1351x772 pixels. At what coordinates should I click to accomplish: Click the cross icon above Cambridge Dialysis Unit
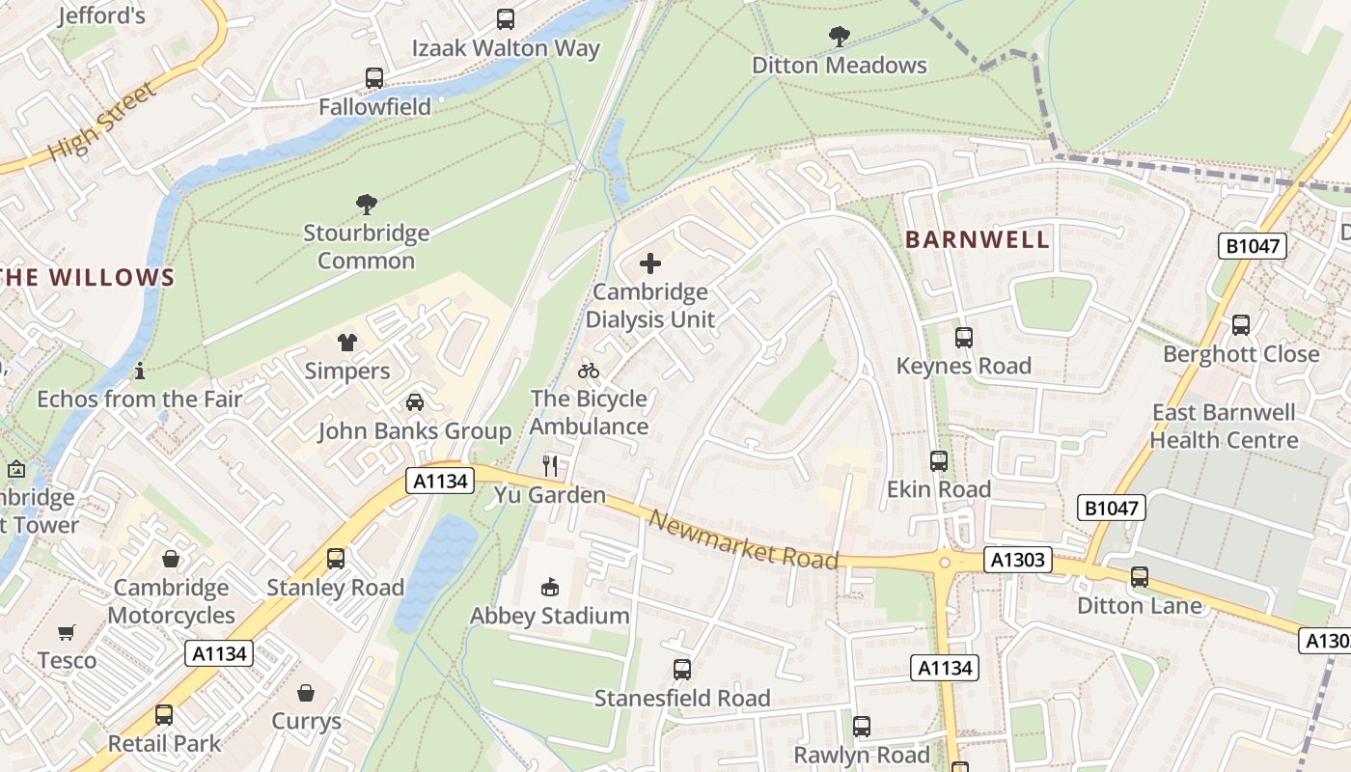coord(650,263)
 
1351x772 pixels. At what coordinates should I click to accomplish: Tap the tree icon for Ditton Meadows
coord(840,37)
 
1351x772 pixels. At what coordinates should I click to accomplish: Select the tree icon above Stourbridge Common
coord(367,205)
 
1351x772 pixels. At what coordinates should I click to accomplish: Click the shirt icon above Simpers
coord(347,343)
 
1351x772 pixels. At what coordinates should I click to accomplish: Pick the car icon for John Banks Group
coord(415,402)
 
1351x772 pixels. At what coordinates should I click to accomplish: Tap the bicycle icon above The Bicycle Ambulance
coord(589,371)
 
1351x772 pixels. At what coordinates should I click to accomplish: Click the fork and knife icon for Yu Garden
coord(550,466)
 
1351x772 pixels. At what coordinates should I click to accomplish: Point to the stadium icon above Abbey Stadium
coord(550,587)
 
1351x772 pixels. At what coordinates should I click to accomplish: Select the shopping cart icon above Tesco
coord(66,633)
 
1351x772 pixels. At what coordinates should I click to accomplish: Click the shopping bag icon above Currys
coord(306,693)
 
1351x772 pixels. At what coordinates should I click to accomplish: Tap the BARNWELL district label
coord(977,240)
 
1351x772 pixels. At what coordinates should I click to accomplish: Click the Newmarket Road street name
coord(743,540)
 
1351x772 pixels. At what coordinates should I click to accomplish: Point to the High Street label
coord(101,123)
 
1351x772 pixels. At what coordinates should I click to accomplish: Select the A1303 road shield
coord(1018,560)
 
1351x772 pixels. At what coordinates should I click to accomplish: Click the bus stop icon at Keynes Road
coord(963,338)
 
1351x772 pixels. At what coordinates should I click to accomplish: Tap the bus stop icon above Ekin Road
coord(939,461)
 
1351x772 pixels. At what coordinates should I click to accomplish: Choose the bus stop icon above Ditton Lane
coord(1140,577)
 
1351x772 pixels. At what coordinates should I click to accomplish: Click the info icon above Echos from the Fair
coord(140,371)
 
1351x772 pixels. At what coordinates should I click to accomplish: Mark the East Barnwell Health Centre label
coord(1224,427)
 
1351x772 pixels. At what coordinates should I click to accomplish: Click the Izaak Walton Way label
coord(506,48)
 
